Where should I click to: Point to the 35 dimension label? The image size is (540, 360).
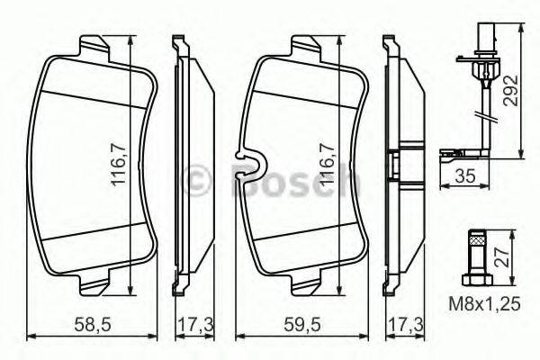(466, 176)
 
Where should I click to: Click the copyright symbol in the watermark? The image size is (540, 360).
(195, 180)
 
